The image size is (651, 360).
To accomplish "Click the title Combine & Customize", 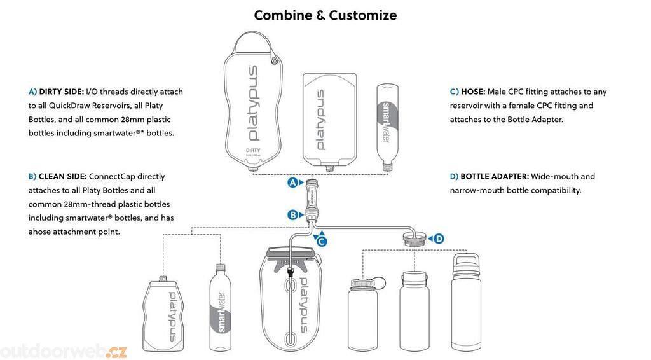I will tap(325, 15).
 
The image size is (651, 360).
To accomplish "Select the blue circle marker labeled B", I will tap(293, 215).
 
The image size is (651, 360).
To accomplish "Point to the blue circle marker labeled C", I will tap(322, 241).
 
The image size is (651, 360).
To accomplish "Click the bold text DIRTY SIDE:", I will tap(61, 92).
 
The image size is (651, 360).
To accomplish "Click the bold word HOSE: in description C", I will tap(473, 92).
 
